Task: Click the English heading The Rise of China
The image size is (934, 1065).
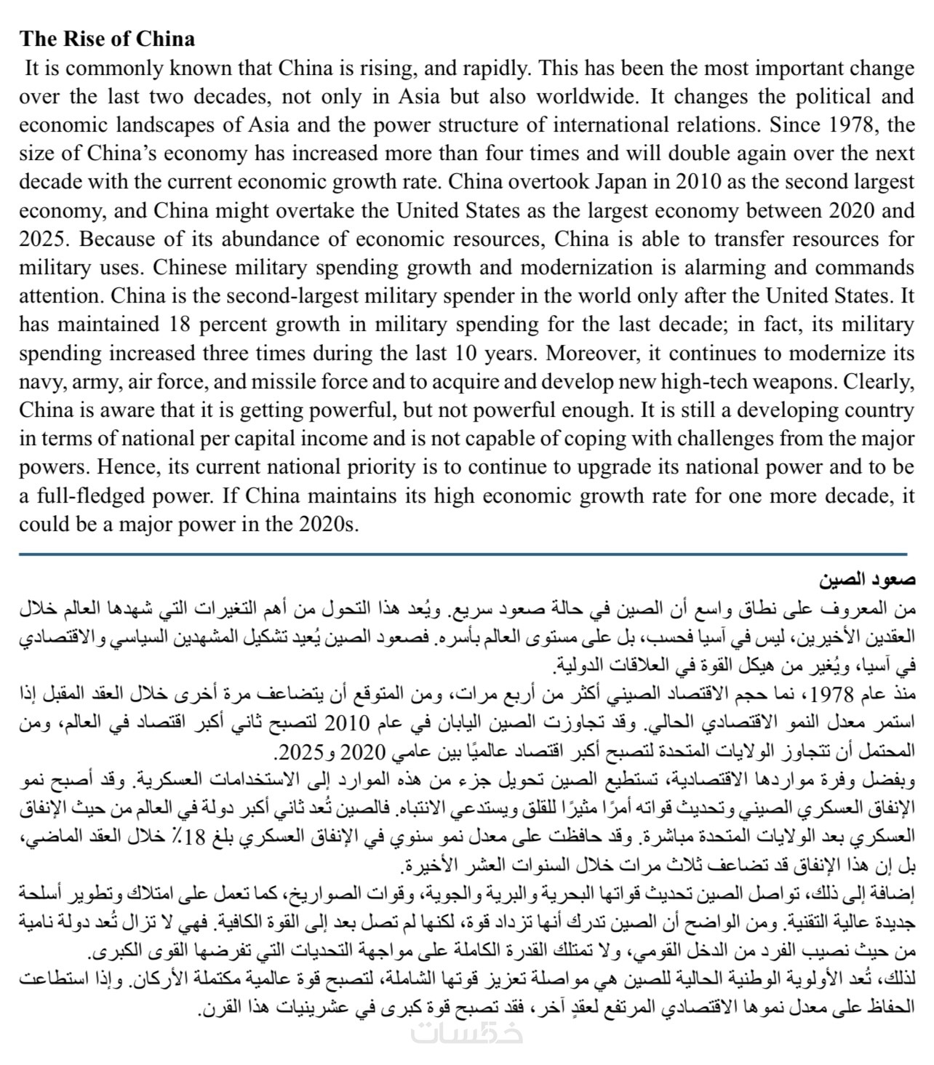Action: [x=107, y=39]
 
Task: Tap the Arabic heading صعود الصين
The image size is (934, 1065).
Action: [x=866, y=581]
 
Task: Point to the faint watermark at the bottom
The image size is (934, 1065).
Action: [x=466, y=1034]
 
